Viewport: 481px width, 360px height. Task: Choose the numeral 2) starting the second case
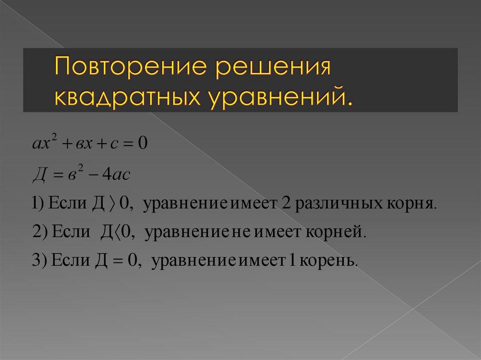[x=39, y=232]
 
